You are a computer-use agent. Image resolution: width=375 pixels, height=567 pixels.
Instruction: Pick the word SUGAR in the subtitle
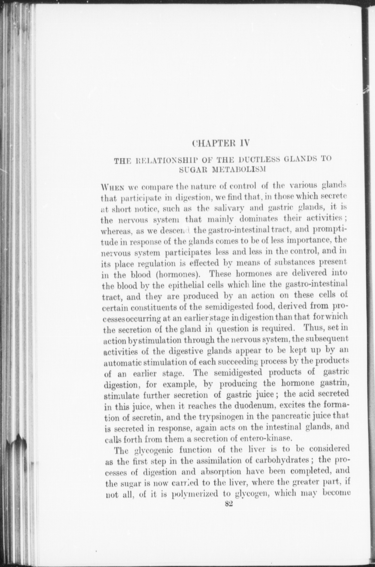[190, 169]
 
